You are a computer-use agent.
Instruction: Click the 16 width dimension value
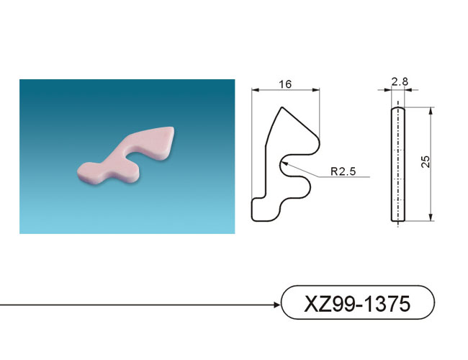[x=285, y=84]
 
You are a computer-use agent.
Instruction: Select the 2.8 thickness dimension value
[x=400, y=81]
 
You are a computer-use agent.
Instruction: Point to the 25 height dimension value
[x=426, y=161]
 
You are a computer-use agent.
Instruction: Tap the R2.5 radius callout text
[x=343, y=171]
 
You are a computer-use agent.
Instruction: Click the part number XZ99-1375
[x=357, y=304]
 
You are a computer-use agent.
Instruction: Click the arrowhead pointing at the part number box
[x=276, y=305]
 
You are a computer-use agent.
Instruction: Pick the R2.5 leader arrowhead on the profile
[x=284, y=163]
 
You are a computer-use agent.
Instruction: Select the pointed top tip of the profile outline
[x=282, y=107]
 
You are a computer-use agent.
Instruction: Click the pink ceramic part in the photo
[x=126, y=155]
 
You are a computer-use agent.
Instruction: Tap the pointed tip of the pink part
[x=172, y=129]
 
